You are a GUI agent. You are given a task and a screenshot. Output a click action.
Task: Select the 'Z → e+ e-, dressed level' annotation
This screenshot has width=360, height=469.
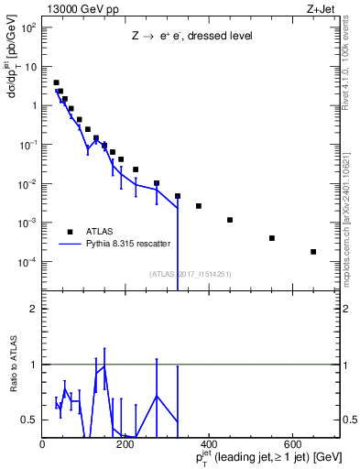point(191,37)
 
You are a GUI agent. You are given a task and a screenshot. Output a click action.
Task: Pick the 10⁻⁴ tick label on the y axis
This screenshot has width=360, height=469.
point(28,262)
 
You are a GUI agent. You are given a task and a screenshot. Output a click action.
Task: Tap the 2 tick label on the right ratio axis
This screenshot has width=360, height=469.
point(347,309)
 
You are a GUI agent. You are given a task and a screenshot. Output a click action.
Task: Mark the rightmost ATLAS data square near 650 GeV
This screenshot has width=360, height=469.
point(313,252)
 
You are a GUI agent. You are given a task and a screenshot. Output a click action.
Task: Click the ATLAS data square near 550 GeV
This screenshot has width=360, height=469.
point(272,238)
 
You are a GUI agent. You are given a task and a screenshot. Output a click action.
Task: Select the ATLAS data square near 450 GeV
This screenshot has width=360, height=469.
point(230,220)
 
